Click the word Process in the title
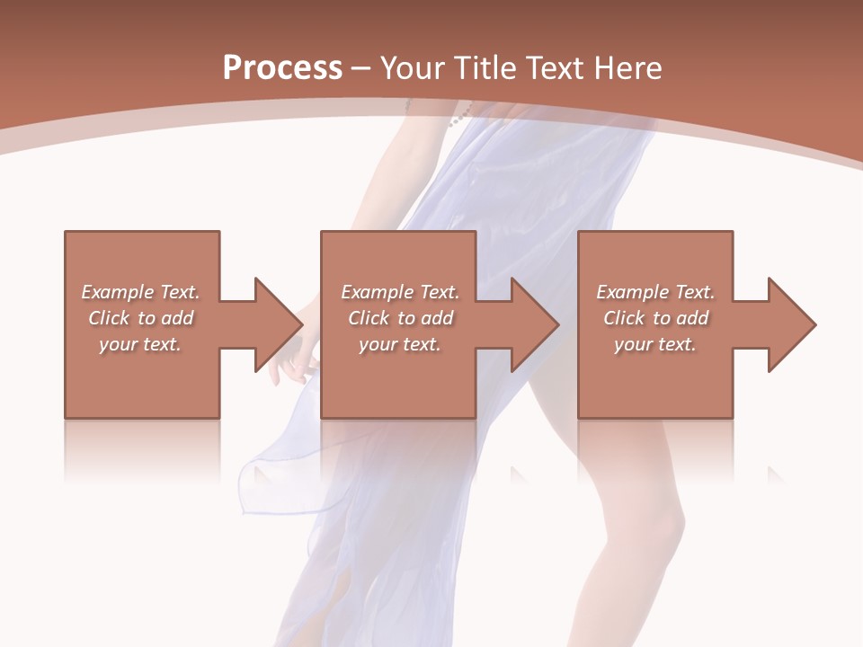282,68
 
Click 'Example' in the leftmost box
118,292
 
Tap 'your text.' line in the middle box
399,344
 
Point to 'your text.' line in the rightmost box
654,344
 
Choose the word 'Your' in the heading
413,68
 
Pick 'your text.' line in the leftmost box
139,344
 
